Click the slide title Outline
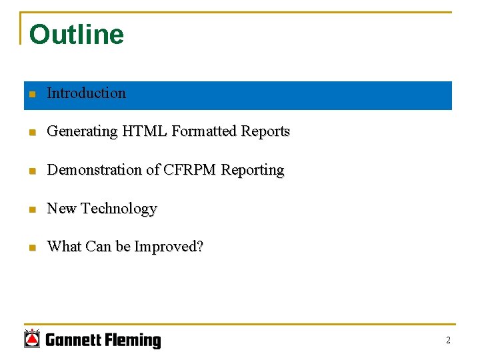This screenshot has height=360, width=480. pyautogui.click(x=77, y=35)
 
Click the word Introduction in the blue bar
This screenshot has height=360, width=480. pyautogui.click(x=86, y=93)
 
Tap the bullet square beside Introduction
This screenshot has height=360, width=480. pyautogui.click(x=31, y=95)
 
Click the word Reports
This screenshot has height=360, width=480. pyautogui.click(x=265, y=132)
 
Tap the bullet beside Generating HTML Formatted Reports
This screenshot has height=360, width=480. pyautogui.click(x=31, y=133)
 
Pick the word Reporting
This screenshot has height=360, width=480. pyautogui.click(x=253, y=171)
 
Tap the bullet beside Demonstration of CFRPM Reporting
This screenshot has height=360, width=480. pyautogui.click(x=31, y=171)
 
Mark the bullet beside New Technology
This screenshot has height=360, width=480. pyautogui.click(x=31, y=210)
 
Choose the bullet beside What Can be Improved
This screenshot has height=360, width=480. pyautogui.click(x=31, y=248)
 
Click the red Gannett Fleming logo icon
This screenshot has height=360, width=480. pyautogui.click(x=32, y=339)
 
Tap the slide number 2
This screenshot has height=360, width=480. pyautogui.click(x=448, y=341)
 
